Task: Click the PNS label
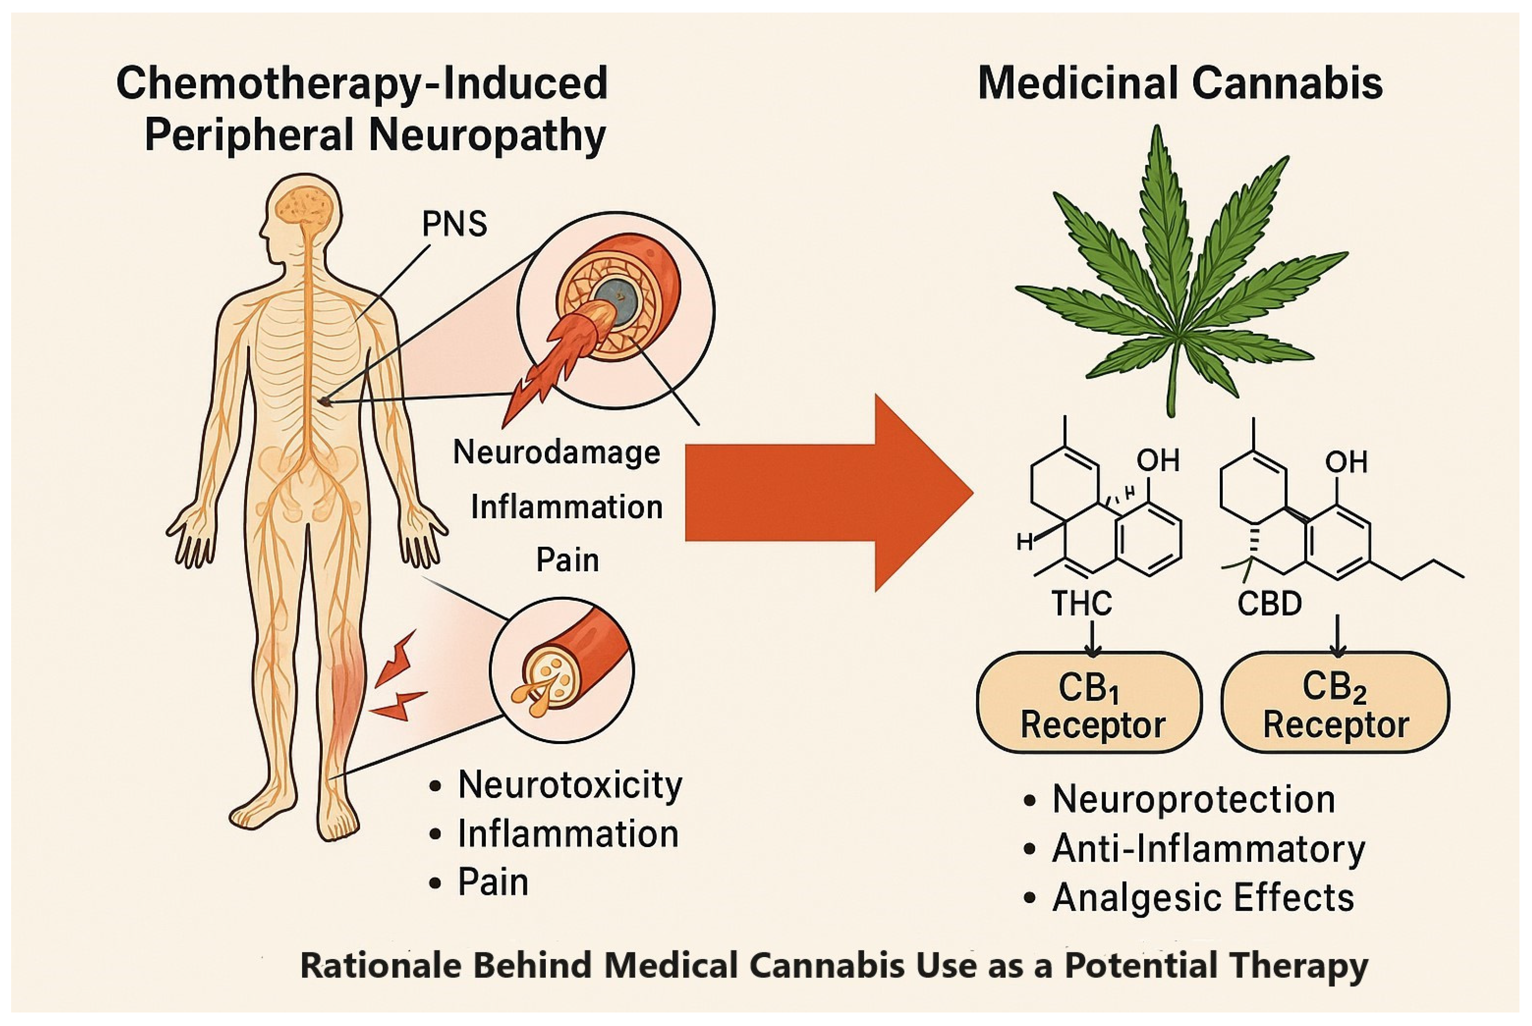point(454,225)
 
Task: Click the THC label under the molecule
point(1081,603)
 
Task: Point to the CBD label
point(1269,603)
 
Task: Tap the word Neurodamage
point(556,452)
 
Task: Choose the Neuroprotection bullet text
point(1193,799)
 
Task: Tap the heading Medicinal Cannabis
point(1180,84)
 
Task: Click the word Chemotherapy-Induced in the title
point(362,84)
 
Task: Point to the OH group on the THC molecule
point(1158,460)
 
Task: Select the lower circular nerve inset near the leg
point(562,670)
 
